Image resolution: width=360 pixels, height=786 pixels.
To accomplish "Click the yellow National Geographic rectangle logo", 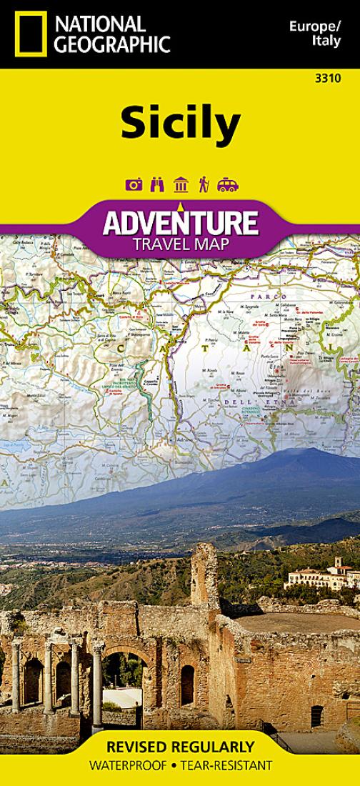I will [x=29, y=34].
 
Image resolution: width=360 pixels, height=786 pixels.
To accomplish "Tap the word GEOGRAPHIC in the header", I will [x=114, y=44].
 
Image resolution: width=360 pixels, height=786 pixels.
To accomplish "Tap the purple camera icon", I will [x=134, y=185].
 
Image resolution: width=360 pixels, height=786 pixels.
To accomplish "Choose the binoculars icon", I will [x=157, y=185].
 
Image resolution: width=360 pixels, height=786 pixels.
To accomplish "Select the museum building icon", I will [x=180, y=185].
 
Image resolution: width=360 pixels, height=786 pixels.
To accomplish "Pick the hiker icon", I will [x=204, y=185].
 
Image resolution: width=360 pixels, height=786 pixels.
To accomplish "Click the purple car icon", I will [x=227, y=185].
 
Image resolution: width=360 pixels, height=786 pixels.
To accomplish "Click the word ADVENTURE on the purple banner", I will [x=179, y=224].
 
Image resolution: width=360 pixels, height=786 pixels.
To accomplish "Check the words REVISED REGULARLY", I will [x=179, y=747].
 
